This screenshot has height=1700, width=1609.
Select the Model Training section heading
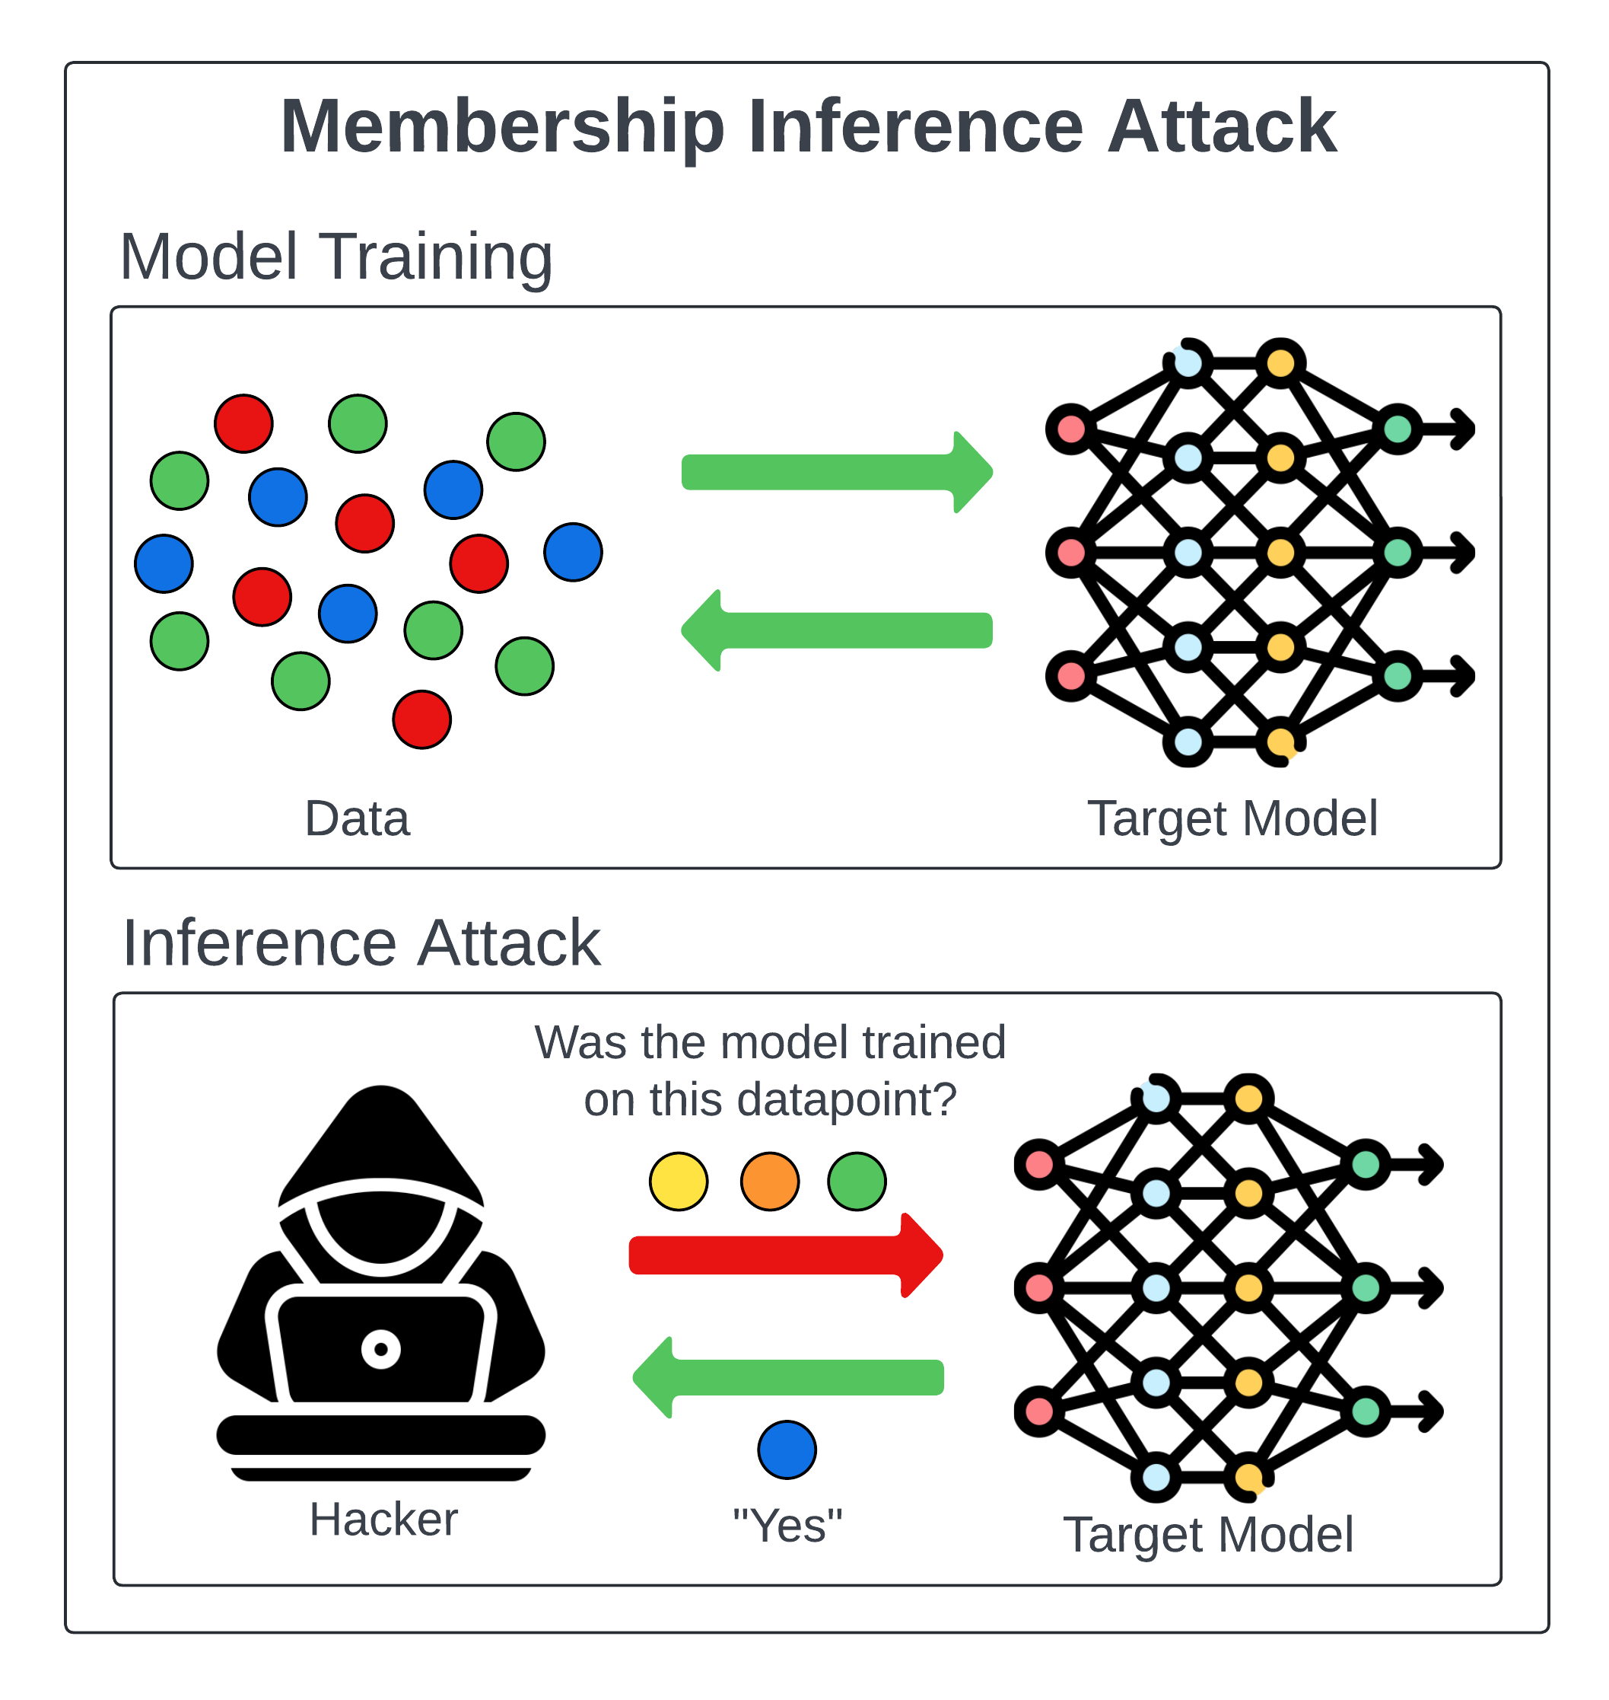click(x=335, y=257)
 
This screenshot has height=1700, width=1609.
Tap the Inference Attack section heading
click(x=361, y=943)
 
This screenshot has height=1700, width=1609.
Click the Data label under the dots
click(x=357, y=818)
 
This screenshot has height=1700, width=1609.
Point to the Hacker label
click(x=383, y=1520)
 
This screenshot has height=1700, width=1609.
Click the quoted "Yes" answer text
click(x=787, y=1526)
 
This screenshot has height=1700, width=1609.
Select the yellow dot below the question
click(x=679, y=1182)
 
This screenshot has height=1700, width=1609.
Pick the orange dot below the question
click(x=769, y=1182)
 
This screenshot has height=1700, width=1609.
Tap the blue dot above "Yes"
click(x=787, y=1450)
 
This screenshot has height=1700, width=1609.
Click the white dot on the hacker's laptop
click(x=381, y=1349)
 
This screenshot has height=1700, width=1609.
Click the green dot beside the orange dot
click(x=857, y=1182)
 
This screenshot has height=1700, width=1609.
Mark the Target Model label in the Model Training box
click(x=1232, y=818)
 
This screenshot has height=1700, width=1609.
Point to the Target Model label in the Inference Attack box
click(x=1207, y=1536)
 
